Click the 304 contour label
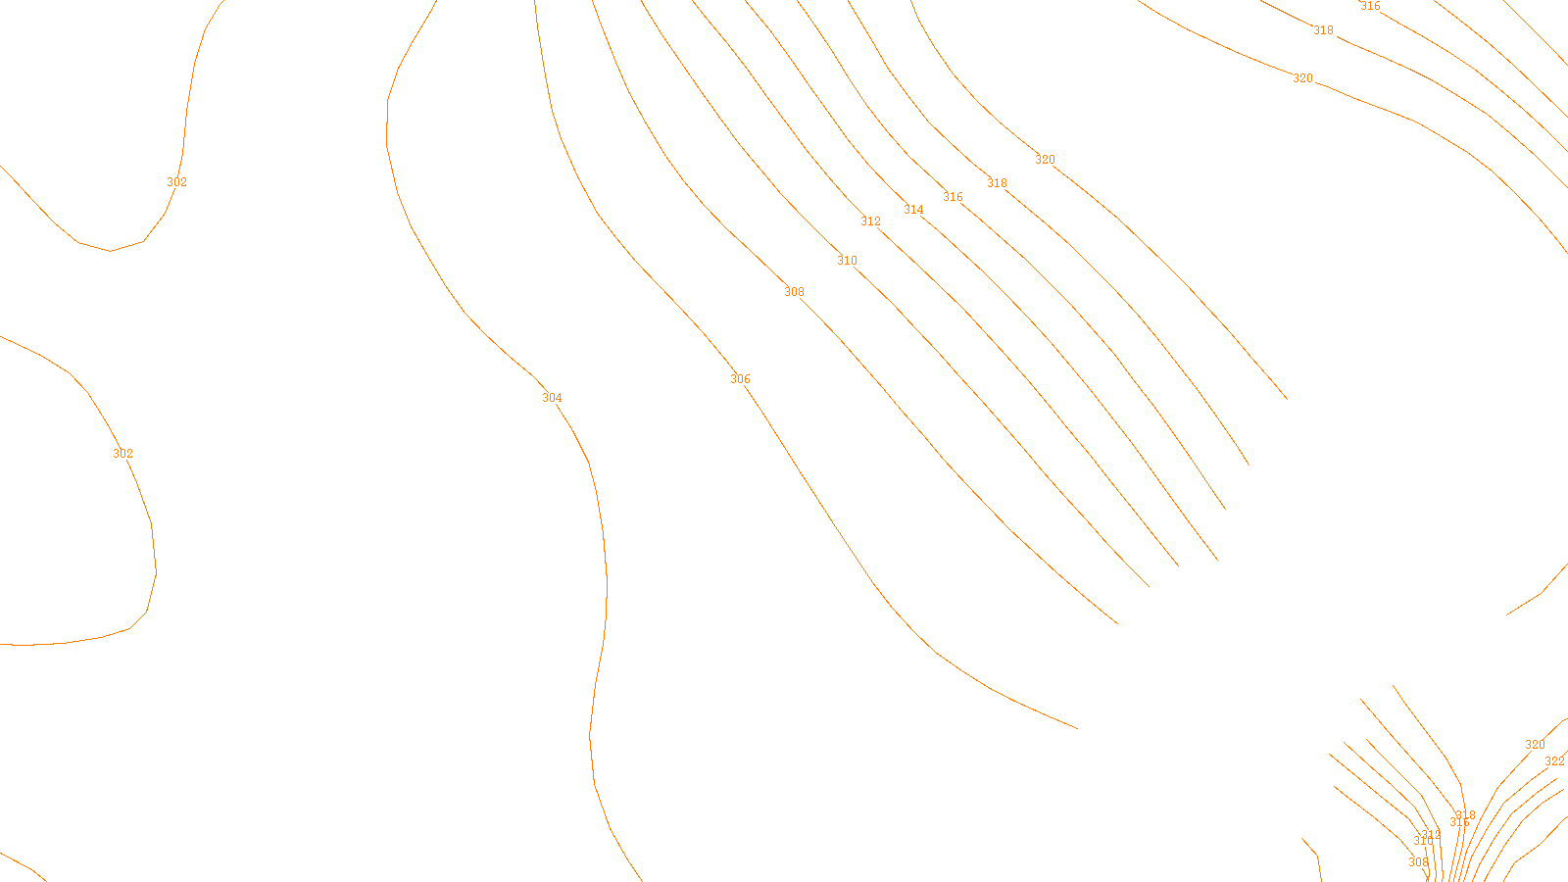tap(552, 398)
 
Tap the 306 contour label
tap(740, 379)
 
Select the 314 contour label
tap(913, 210)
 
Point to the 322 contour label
tap(1554, 761)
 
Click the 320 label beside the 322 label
tap(1535, 745)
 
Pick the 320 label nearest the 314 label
tap(1045, 160)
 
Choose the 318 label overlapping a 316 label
tap(1466, 814)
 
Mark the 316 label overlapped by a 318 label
tap(1458, 822)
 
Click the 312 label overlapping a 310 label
tap(1432, 835)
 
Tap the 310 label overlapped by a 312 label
tap(1423, 841)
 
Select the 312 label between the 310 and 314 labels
tap(870, 221)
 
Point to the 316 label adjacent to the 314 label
tap(953, 197)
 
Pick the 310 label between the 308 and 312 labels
tap(847, 261)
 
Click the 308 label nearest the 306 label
tap(794, 292)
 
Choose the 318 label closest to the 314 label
tap(997, 183)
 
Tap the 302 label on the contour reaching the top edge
tap(176, 182)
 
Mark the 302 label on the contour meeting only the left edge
tap(122, 454)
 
